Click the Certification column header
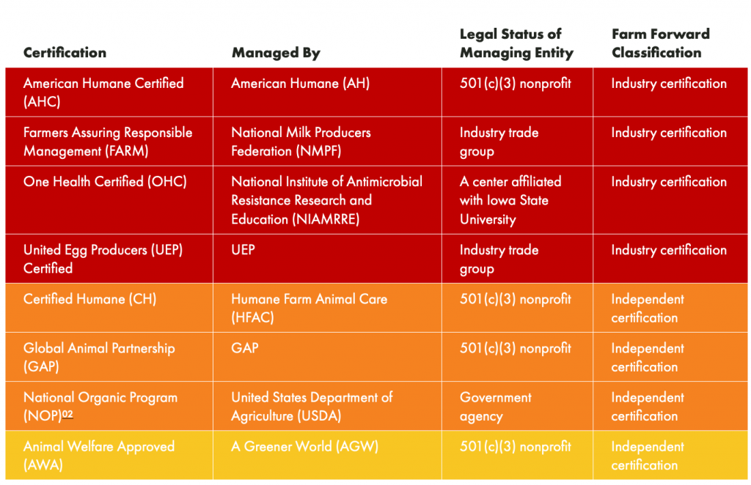65,53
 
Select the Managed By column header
276,53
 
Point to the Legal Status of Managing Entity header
516,43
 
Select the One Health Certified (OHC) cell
105,182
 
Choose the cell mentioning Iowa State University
510,200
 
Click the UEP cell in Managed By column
243,250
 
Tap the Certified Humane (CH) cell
89,299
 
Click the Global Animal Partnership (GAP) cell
99,357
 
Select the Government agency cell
496,407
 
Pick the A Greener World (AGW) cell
304,446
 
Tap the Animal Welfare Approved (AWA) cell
99,455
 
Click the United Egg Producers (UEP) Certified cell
103,259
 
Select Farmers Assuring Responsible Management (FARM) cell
108,141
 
